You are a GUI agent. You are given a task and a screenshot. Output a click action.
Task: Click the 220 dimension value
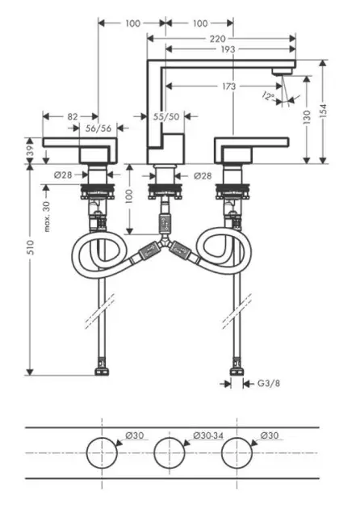click(217, 39)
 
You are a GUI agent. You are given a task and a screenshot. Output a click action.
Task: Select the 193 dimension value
click(228, 49)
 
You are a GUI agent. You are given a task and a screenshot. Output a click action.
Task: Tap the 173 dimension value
click(229, 86)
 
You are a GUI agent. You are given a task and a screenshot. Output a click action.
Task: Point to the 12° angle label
click(268, 96)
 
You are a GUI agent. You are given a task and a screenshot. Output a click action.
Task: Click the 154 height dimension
click(323, 111)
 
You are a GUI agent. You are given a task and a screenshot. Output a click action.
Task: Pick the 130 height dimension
click(307, 117)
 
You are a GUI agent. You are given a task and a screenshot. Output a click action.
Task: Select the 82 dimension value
click(73, 116)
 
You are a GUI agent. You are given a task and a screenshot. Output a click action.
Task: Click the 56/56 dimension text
click(98, 128)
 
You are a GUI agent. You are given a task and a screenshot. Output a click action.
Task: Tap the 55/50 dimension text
click(166, 116)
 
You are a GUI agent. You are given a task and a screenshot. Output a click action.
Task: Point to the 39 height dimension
click(30, 150)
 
